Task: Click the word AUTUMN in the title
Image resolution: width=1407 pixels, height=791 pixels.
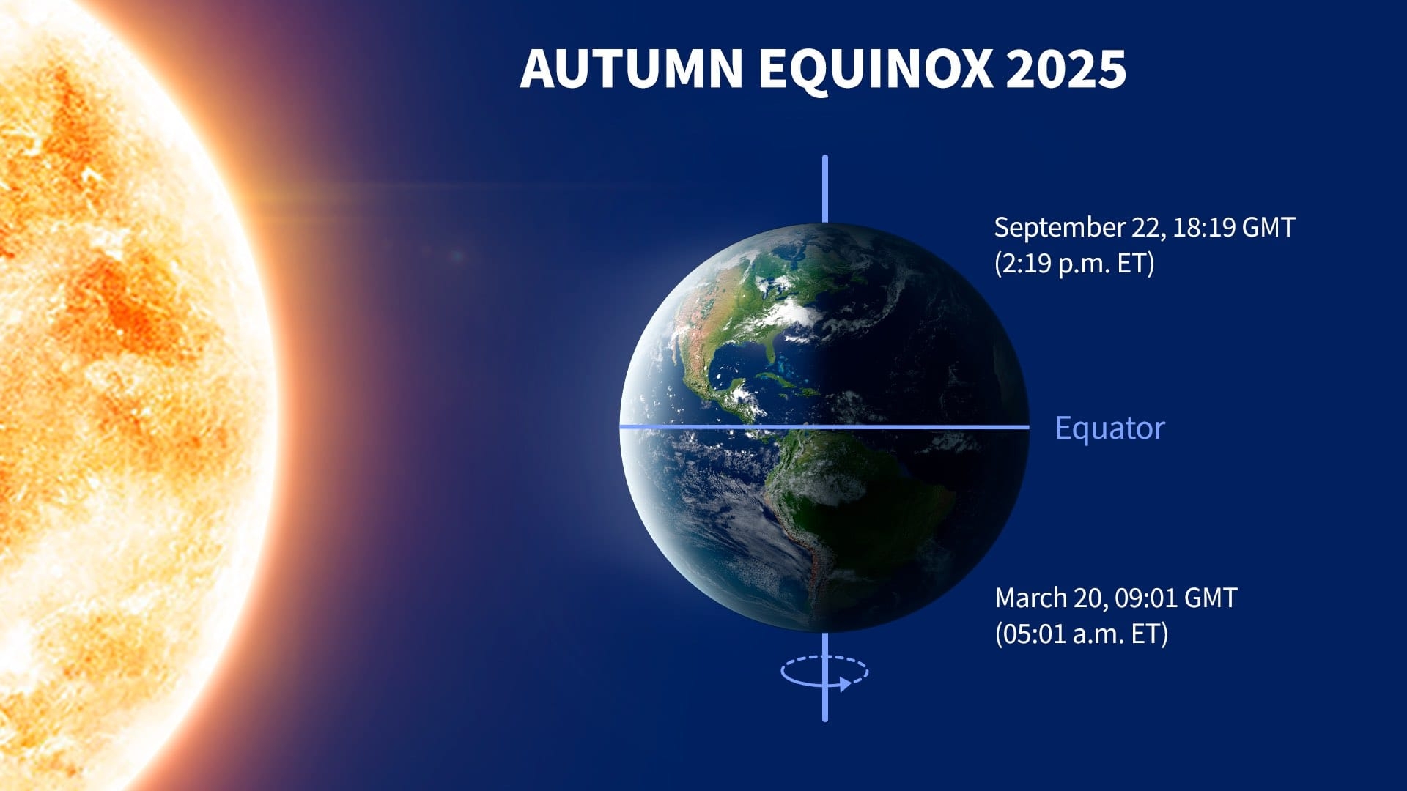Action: pos(632,69)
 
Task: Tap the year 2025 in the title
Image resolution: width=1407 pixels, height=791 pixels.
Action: pos(1066,69)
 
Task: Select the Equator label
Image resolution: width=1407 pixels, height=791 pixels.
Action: pos(1109,428)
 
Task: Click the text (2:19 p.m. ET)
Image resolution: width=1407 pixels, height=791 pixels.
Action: pos(1074,263)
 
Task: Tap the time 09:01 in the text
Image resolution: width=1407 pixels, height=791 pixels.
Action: pos(1144,598)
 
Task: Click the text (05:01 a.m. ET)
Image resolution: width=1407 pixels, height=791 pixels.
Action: pos(1081,634)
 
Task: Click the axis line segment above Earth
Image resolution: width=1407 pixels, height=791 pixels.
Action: pos(825,188)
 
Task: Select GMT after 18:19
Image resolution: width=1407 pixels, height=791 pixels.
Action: pos(1268,227)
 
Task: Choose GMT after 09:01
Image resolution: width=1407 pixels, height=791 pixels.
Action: pos(1210,598)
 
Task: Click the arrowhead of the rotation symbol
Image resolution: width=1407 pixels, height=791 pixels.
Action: pos(845,685)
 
